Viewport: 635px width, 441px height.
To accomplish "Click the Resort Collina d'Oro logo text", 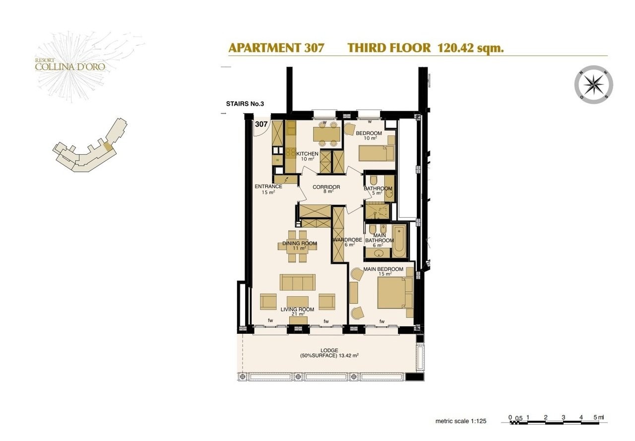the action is (x=70, y=64).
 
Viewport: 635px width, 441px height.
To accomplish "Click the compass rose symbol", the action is (x=594, y=85).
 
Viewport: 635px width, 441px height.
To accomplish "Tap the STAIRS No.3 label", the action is (x=245, y=104).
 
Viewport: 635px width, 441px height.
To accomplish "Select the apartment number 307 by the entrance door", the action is (x=261, y=124).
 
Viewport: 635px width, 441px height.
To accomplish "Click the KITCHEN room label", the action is (x=307, y=154).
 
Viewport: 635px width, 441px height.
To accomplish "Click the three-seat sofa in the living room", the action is (x=297, y=282).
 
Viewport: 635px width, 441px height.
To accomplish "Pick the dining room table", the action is (x=297, y=247).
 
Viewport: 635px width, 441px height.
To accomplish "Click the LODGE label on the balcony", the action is (x=329, y=350).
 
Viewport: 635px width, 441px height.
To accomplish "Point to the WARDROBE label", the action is (x=347, y=240).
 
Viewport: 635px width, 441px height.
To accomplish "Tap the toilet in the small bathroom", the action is (x=373, y=180).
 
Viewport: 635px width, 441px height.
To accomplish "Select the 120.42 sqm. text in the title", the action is (x=471, y=48).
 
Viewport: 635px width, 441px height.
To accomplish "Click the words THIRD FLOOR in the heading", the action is (x=389, y=48).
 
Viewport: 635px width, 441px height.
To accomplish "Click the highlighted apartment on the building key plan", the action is (x=108, y=146).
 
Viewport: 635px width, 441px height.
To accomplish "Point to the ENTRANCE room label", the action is (x=268, y=187).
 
